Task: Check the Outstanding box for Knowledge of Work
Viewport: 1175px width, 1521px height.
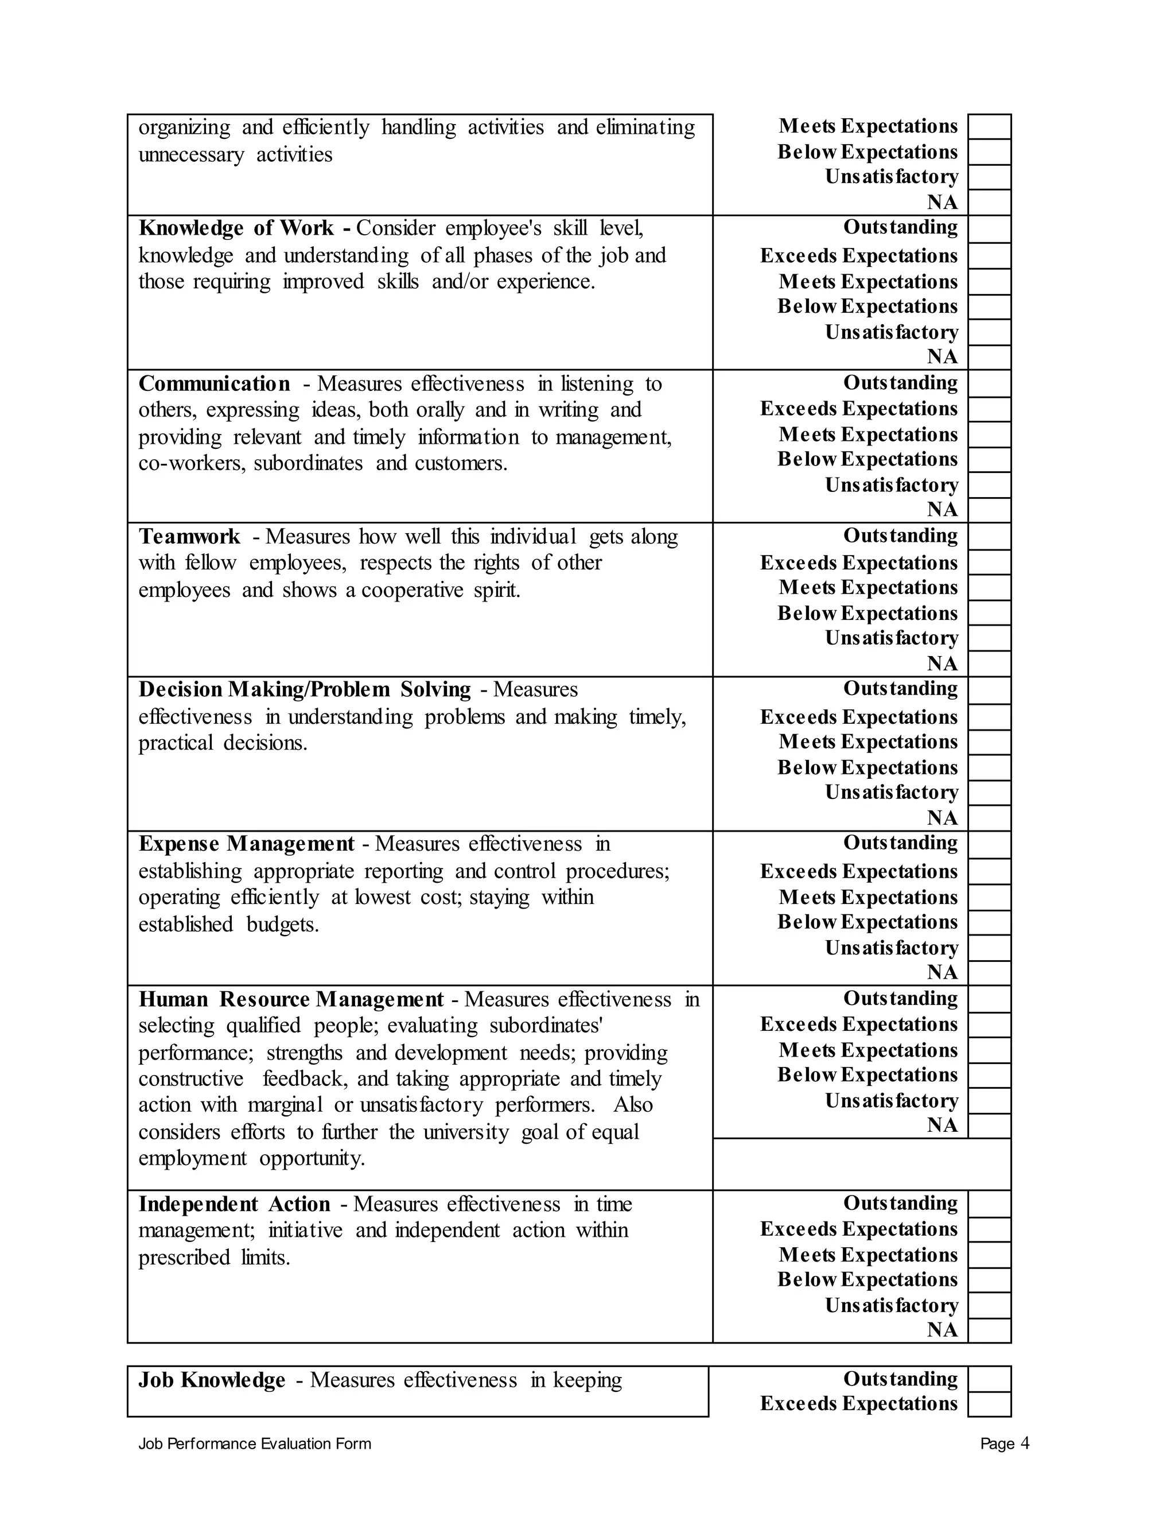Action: [x=989, y=229]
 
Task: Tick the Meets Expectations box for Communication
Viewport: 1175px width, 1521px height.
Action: [x=989, y=434]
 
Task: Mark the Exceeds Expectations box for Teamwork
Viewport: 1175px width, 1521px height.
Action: [x=989, y=562]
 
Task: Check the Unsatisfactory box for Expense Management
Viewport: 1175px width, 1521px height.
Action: [x=989, y=948]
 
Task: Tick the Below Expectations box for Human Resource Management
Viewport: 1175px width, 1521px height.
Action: [x=989, y=1075]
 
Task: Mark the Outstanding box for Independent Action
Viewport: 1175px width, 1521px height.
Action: [x=989, y=1204]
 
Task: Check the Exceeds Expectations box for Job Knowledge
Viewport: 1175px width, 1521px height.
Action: [x=989, y=1404]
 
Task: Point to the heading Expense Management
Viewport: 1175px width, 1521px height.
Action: [x=246, y=844]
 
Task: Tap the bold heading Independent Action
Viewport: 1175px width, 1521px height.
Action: [x=234, y=1204]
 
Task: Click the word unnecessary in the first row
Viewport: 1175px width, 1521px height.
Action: [x=190, y=154]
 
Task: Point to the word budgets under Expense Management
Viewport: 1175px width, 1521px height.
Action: [x=282, y=925]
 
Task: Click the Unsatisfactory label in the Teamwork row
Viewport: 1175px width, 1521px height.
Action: [x=891, y=638]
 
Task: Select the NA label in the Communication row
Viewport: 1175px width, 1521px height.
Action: [x=942, y=510]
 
